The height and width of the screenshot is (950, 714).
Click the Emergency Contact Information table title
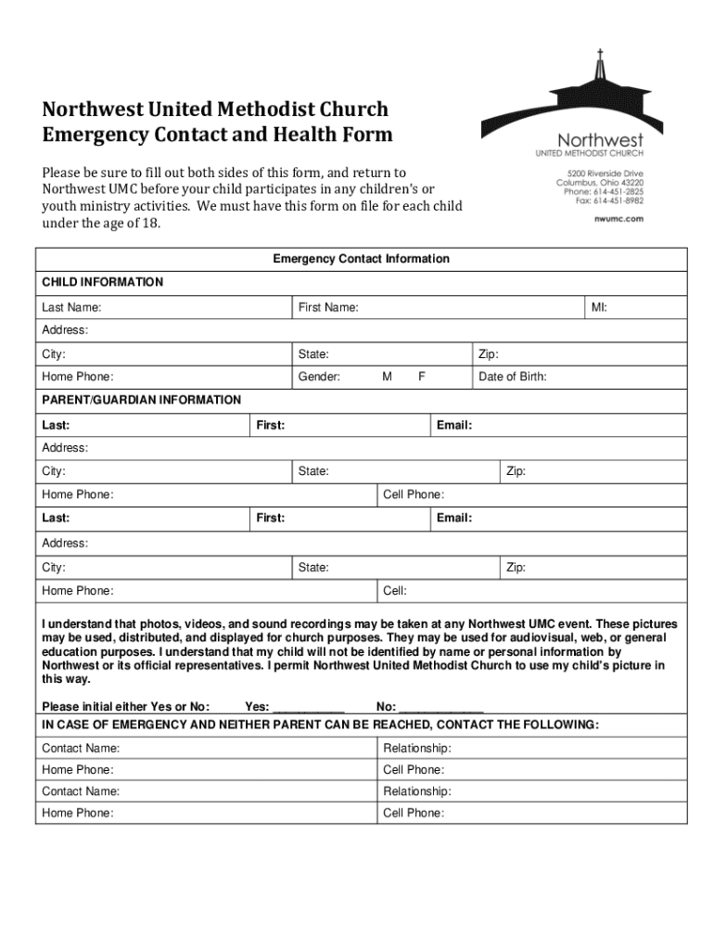pos(361,259)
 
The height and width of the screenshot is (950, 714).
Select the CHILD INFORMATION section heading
pos(102,282)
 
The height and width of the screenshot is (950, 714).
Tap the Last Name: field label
pos(71,307)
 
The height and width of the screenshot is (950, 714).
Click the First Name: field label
pos(328,307)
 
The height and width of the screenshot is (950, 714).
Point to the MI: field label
pos(600,307)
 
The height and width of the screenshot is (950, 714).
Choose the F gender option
pos(422,377)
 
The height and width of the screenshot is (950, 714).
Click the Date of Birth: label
pos(512,377)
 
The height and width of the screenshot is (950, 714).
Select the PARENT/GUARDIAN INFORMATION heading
pos(141,400)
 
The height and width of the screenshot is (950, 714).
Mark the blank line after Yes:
pos(310,707)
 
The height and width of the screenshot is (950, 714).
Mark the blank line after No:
pos(440,707)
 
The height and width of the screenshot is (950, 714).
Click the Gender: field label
pos(319,377)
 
